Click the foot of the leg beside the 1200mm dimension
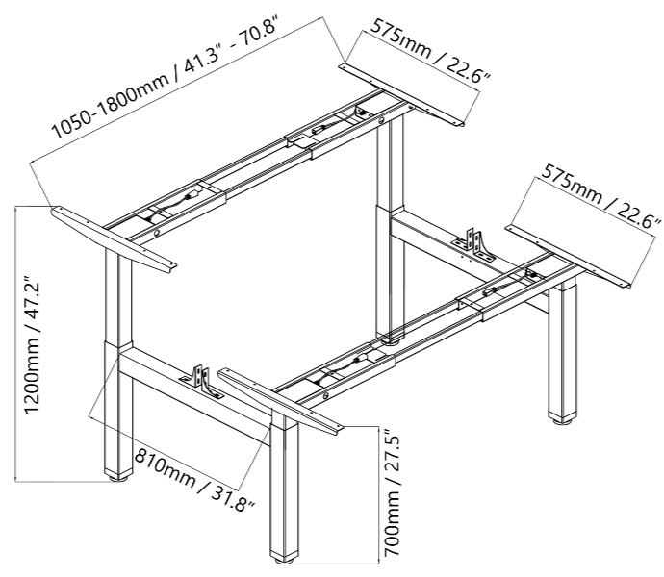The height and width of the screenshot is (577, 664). [x=118, y=473]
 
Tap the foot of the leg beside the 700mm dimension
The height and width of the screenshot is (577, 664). [x=286, y=554]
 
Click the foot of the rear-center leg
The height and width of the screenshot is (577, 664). [x=391, y=338]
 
